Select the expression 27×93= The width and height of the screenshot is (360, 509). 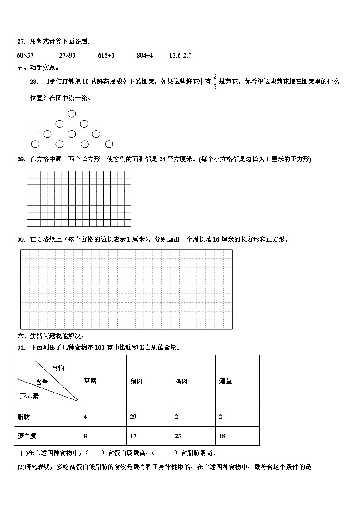point(69,55)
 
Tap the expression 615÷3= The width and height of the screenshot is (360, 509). point(108,55)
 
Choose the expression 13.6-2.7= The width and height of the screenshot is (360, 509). point(182,55)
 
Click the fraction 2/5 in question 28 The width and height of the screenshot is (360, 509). point(214,82)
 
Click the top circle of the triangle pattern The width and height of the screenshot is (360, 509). point(72,114)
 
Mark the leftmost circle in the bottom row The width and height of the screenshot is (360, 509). point(35,144)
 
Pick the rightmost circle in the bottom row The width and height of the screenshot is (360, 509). point(109,144)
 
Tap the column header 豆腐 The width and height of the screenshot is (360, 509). point(90,381)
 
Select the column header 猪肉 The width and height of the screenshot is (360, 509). point(136,381)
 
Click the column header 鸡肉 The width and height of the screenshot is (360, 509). point(181,381)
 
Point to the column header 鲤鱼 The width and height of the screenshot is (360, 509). point(225,381)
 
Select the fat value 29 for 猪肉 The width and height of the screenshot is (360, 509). point(133,417)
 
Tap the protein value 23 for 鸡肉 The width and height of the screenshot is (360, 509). point(178,436)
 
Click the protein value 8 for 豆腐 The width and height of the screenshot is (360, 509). point(85,436)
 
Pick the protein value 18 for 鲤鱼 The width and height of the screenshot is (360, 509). point(222,436)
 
